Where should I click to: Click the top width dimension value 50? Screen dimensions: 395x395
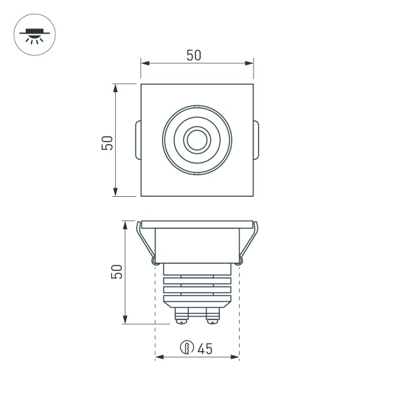pos(194,55)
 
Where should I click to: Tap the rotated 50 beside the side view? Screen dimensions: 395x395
pos(117,272)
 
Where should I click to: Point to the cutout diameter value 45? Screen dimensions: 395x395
pos(204,349)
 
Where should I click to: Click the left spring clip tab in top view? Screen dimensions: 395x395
pos(136,140)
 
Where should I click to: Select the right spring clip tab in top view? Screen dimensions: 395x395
pos(257,140)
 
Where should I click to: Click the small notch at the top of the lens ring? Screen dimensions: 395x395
pos(197,107)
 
